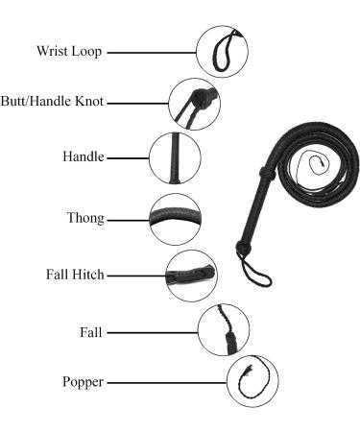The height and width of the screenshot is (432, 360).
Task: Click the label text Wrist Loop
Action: [x=70, y=51]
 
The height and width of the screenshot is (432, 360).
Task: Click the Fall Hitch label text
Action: [x=76, y=275]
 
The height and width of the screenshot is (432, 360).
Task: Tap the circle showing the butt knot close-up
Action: [x=196, y=102]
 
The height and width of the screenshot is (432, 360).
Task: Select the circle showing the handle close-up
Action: [x=176, y=156]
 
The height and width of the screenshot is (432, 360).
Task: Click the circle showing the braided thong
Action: [x=176, y=218]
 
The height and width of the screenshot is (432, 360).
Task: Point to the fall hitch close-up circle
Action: [x=190, y=276]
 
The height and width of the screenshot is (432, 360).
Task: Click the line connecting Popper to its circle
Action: [x=167, y=381]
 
